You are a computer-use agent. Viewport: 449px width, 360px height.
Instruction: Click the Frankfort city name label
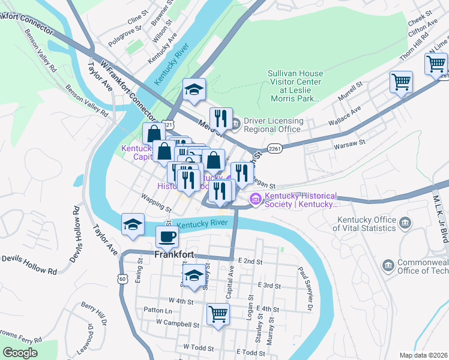pyautogui.click(x=174, y=254)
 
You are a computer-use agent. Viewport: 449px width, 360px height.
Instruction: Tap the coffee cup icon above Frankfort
pyautogui.click(x=167, y=236)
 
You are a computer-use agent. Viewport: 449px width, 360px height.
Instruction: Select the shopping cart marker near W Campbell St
pyautogui.click(x=218, y=314)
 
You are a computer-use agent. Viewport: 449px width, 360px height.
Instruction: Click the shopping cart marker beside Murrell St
pyautogui.click(x=400, y=81)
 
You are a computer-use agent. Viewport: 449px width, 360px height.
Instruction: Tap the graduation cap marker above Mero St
pyautogui.click(x=194, y=89)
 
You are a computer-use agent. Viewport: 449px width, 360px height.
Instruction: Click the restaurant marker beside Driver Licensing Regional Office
pyautogui.click(x=220, y=118)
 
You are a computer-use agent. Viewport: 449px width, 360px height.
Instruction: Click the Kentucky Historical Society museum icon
pyautogui.click(x=256, y=199)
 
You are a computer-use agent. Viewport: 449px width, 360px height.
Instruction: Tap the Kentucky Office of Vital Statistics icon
pyautogui.click(x=406, y=223)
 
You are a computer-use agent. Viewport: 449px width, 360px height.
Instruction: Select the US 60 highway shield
pyautogui.click(x=122, y=278)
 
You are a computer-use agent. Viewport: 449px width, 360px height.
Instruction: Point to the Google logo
pyautogui.click(x=20, y=352)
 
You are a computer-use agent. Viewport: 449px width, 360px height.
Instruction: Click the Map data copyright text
pyautogui.click(x=423, y=355)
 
